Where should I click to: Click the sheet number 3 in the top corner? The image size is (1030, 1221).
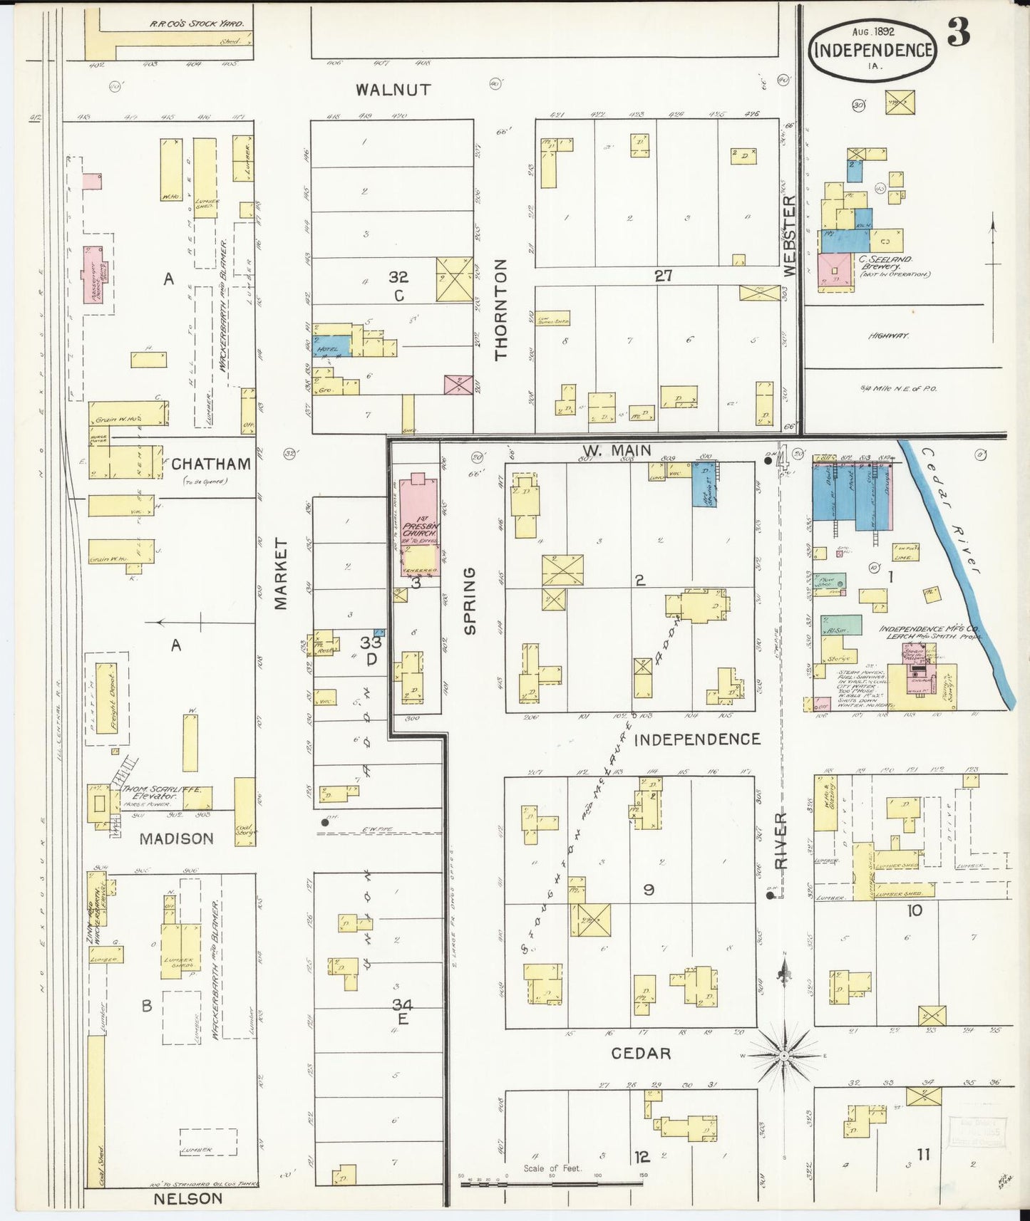[x=959, y=33]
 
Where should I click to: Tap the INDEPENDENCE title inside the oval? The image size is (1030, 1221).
[x=872, y=50]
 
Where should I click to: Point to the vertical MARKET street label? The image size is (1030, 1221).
[x=281, y=574]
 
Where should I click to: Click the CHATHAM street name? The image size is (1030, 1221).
[x=211, y=464]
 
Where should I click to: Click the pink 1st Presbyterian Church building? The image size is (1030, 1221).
[x=419, y=524]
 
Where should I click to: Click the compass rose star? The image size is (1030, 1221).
[x=783, y=1054]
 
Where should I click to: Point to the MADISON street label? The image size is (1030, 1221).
[x=176, y=838]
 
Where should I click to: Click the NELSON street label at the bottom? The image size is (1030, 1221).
[x=188, y=1198]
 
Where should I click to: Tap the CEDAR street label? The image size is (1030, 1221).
[x=641, y=1053]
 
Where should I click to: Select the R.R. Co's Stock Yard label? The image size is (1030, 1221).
[x=197, y=24]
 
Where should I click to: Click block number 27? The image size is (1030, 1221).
[x=663, y=276]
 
